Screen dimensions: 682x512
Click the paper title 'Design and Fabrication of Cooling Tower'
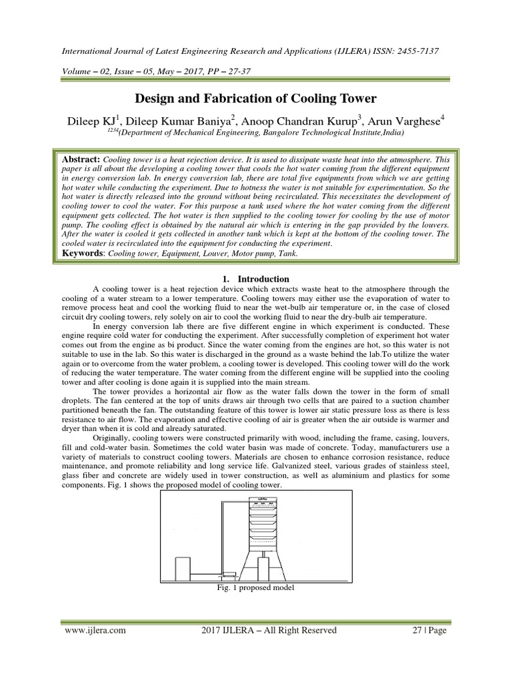[256, 99]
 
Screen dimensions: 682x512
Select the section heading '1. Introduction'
[256, 279]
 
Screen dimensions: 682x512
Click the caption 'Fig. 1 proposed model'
[256, 588]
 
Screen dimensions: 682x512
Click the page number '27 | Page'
[427, 630]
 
